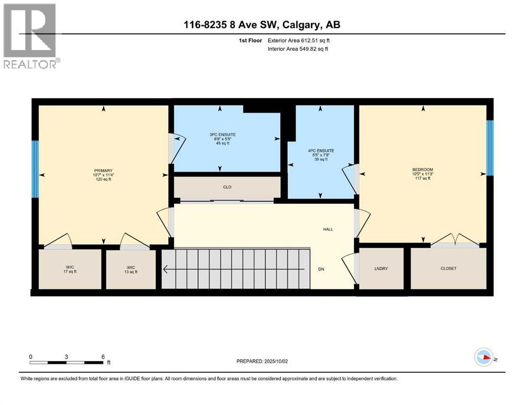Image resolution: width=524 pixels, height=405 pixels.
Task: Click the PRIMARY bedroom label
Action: [103, 171]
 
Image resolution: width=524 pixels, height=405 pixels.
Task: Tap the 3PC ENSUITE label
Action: [223, 134]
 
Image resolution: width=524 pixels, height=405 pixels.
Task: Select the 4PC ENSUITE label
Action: [321, 150]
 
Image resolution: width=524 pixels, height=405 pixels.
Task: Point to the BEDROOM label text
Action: [422, 170]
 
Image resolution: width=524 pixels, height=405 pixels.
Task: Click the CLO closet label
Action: [227, 187]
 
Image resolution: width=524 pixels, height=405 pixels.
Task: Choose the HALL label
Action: [328, 229]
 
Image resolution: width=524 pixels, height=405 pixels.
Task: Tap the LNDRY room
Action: [380, 268]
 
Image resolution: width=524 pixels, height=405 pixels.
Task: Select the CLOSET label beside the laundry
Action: [448, 268]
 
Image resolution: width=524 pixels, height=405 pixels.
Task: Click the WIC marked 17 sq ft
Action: [70, 268]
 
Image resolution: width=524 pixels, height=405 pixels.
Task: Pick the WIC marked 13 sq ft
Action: [130, 268]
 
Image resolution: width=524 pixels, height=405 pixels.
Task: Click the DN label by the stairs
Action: [321, 269]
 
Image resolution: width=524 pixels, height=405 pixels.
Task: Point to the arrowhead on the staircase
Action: [166, 269]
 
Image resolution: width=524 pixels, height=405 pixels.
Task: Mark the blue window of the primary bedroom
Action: [35, 169]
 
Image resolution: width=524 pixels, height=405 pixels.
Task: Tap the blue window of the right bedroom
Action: [490, 148]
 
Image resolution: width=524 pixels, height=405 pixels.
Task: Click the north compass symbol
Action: [484, 358]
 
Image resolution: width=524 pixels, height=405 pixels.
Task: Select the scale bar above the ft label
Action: [66, 362]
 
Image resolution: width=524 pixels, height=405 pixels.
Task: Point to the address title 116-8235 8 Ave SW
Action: [262, 25]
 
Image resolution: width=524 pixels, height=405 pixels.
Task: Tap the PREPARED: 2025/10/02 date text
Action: [262, 361]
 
